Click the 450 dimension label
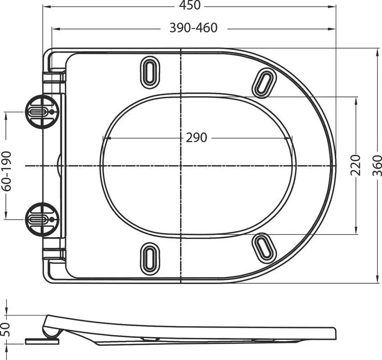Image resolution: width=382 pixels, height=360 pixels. pos(190,5)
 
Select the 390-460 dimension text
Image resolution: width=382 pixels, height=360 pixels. pos(193,28)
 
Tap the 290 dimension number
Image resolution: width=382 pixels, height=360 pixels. pos(196,138)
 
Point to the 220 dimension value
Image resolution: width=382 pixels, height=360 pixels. pos(355,165)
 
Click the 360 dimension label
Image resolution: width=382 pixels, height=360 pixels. pos(377,166)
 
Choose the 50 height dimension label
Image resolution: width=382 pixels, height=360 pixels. pos(5,329)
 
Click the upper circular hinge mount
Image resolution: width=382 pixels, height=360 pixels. pos(42,112)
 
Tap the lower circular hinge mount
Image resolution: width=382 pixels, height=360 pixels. pos(42,220)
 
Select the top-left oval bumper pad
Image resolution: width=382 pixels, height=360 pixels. pos(150,72)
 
